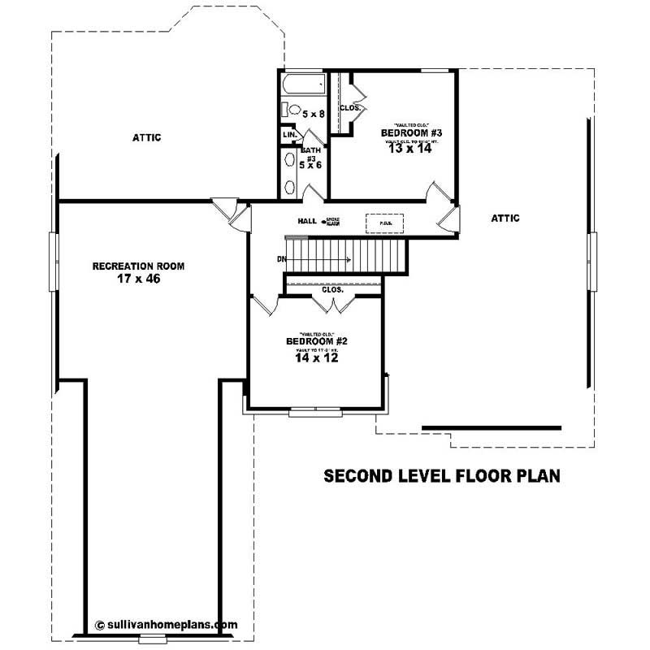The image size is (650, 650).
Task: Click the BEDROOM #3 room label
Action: point(410,132)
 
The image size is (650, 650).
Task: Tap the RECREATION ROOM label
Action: point(138,266)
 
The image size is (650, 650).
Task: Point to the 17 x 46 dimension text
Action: point(138,279)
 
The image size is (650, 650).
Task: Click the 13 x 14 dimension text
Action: point(410,149)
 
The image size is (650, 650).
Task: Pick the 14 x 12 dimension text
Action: point(317,357)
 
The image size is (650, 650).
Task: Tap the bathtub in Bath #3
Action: point(301,84)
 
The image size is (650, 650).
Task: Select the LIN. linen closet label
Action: point(288,134)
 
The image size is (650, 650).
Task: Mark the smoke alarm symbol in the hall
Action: point(323,221)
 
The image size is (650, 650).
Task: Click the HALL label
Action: point(306,221)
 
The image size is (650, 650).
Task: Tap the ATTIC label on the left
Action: point(146,137)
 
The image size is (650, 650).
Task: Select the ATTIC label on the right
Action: point(505,218)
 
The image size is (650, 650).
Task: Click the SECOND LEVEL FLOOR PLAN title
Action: point(442,475)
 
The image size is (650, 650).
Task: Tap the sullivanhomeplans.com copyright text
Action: point(167,625)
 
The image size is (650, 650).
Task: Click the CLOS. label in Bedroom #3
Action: point(350,107)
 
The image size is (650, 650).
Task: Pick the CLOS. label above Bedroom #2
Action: point(332,289)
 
